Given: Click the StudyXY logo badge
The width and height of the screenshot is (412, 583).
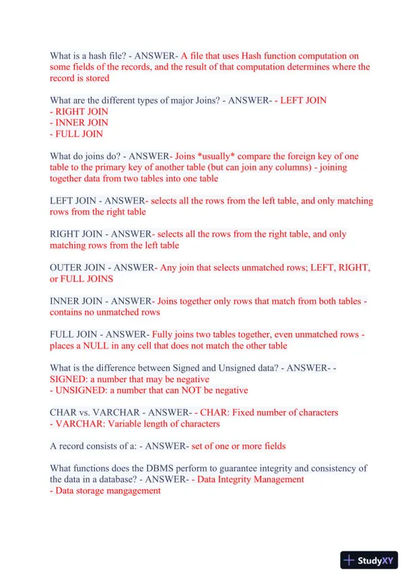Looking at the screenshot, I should (x=369, y=560).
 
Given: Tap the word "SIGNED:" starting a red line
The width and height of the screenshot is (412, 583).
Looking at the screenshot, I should (x=69, y=379).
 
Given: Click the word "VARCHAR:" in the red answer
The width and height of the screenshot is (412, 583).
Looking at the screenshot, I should (x=81, y=423).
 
